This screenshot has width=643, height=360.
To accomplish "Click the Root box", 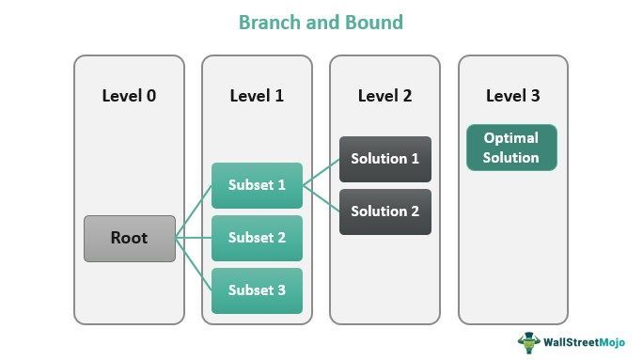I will click(130, 239).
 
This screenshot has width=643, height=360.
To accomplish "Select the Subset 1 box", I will click(257, 185).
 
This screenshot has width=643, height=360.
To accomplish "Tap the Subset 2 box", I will click(257, 238).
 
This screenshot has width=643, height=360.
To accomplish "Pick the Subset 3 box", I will click(257, 290).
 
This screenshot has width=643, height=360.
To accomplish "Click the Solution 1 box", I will click(384, 159).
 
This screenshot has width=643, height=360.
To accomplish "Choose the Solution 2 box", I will click(384, 211).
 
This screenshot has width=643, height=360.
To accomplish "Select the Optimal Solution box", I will click(511, 148).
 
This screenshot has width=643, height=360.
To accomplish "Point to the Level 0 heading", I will click(129, 96).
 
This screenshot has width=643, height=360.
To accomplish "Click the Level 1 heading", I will click(257, 96).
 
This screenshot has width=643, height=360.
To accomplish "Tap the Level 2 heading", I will click(384, 96).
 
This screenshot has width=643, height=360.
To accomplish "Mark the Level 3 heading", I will click(512, 96).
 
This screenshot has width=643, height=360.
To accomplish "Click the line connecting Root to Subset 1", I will click(194, 212).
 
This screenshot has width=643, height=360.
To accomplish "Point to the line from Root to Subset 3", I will click(194, 264).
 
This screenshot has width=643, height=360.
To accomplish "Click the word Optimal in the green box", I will click(511, 138).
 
